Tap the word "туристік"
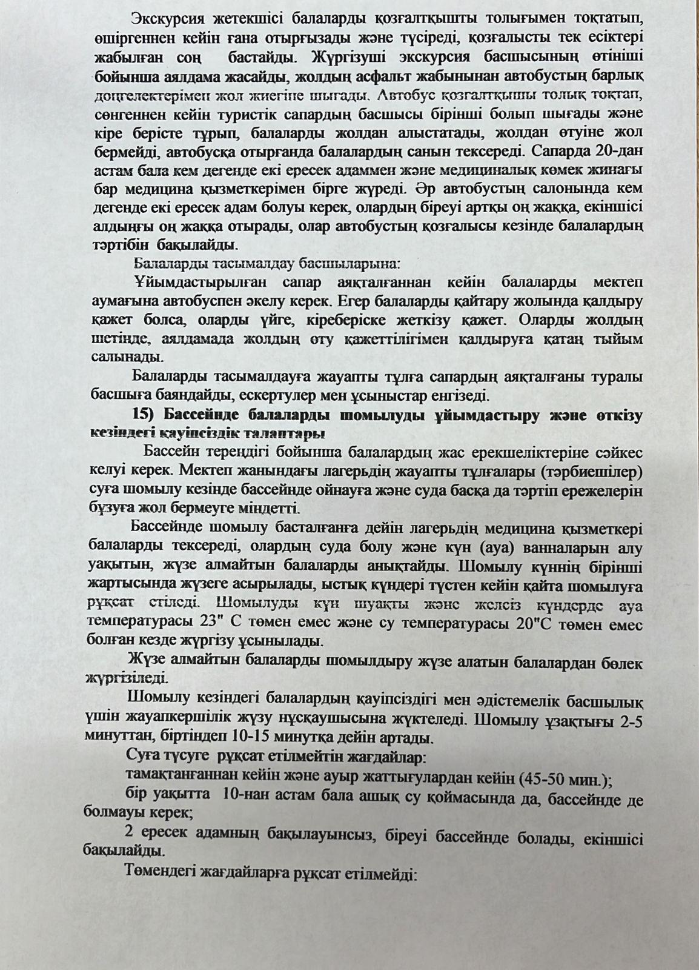[235, 114]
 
